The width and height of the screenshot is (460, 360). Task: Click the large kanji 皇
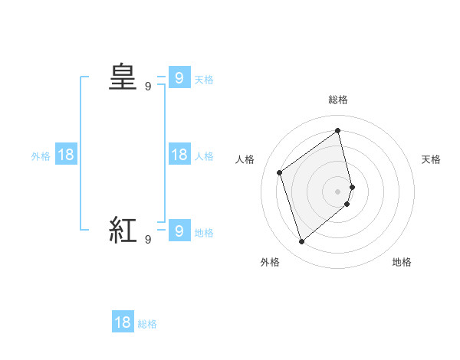pos(123,77)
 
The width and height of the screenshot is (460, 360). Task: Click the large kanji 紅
pos(123,230)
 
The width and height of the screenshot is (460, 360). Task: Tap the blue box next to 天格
pos(178,77)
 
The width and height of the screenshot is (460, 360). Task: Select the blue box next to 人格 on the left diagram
pos(178,155)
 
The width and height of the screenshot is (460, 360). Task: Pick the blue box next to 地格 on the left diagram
pos(178,230)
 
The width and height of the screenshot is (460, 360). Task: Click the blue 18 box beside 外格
pos(66,155)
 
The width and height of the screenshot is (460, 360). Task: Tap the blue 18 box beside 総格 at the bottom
pos(123,322)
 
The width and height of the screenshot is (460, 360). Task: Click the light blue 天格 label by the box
pos(204,79)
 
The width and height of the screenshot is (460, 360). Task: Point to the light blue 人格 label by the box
pos(204,156)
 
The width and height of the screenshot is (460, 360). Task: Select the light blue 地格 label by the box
pos(204,233)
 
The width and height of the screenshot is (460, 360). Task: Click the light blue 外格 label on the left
pos(41,156)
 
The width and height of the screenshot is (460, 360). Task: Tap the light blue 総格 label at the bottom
pos(147,324)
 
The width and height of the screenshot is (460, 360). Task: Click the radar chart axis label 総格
pos(338,100)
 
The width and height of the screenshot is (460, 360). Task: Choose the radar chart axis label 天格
pos(432,159)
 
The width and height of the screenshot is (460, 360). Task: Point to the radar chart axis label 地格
pos(402,262)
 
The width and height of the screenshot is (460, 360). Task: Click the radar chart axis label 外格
pos(270,262)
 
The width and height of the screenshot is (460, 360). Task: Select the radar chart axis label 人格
pos(245,159)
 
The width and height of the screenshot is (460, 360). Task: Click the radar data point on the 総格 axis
pos(338,130)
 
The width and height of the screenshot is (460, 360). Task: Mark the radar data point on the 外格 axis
pos(302,242)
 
